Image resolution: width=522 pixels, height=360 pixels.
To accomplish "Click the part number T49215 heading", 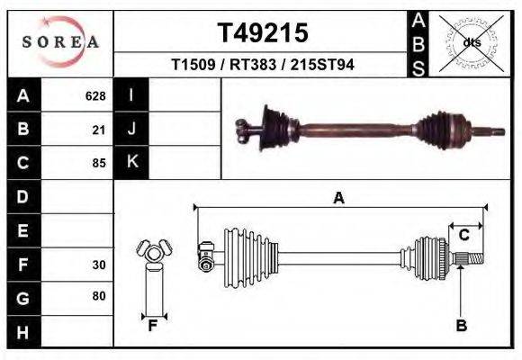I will click(x=263, y=33).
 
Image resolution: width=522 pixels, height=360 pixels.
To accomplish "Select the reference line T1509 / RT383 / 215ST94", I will click(x=262, y=66).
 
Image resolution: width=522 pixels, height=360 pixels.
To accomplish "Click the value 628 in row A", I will click(x=95, y=95).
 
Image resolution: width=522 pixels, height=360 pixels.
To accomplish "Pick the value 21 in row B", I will click(x=99, y=130).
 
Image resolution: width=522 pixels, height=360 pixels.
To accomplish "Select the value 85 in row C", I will click(x=99, y=163).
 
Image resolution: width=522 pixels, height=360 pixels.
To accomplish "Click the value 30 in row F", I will click(x=99, y=265).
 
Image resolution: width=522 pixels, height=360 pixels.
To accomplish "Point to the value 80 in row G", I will click(x=99, y=296).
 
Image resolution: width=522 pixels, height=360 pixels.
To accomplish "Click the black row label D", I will click(x=22, y=196).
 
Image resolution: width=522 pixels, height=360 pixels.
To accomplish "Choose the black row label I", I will click(x=131, y=95).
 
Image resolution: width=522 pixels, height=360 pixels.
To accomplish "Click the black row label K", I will click(x=131, y=163).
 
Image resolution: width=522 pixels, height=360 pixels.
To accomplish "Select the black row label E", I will click(x=22, y=230).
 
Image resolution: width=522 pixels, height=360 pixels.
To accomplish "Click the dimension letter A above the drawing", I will click(x=338, y=199).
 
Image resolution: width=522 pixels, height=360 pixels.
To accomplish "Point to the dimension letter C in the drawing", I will click(x=464, y=236).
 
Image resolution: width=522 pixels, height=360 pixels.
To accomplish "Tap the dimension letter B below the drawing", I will click(x=461, y=326).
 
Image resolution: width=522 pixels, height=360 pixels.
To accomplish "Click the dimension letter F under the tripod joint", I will click(x=153, y=326).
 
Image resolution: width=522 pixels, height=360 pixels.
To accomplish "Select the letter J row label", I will click(x=131, y=130).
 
